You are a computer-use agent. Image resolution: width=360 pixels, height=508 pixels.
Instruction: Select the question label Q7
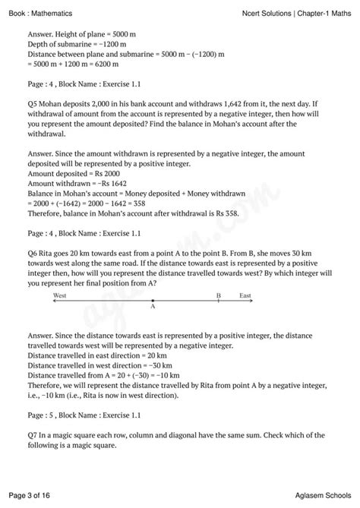[x=33, y=434]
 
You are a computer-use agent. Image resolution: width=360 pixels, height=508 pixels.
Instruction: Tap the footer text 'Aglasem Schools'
[x=321, y=494]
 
